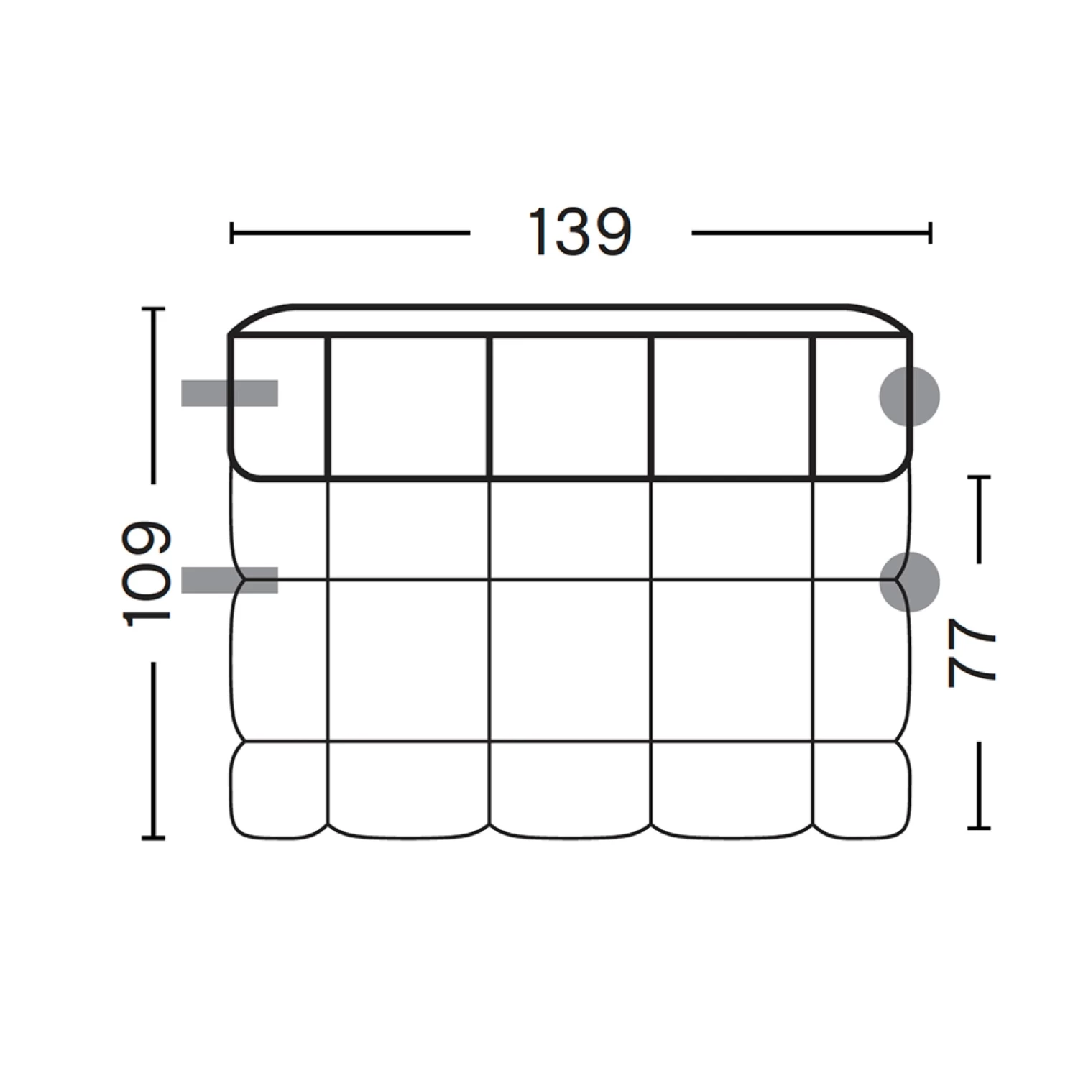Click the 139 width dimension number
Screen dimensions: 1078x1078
tap(579, 232)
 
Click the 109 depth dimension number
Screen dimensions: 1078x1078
tap(147, 573)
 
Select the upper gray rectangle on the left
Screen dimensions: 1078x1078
tap(229, 393)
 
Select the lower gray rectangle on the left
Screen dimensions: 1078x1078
tap(229, 580)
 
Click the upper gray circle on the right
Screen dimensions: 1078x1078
tap(909, 396)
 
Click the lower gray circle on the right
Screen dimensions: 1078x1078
tap(909, 581)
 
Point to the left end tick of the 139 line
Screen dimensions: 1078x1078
tap(231, 233)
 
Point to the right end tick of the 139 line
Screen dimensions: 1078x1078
tap(930, 233)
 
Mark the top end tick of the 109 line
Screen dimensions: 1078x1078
tap(153, 309)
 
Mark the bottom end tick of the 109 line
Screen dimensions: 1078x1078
tap(153, 837)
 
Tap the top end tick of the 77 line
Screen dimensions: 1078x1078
tap(979, 476)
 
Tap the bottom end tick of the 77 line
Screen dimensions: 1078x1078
tap(979, 828)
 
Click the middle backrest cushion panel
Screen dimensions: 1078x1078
tap(570, 406)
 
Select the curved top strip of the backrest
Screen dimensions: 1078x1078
tap(570, 321)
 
